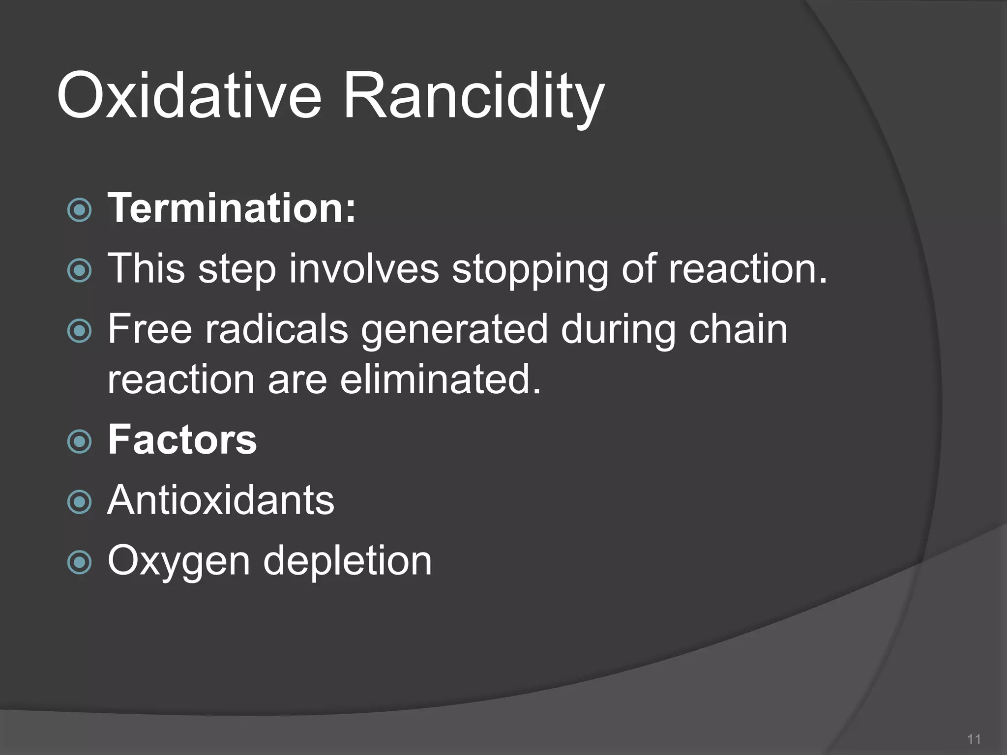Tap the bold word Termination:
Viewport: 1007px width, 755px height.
click(231, 208)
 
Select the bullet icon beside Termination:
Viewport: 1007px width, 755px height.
click(79, 210)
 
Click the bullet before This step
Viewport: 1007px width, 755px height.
click(79, 270)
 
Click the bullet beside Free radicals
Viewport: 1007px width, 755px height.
click(79, 331)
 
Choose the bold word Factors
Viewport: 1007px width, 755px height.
click(182, 439)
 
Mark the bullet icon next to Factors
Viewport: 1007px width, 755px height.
click(79, 441)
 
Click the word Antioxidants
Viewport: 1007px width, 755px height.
click(221, 500)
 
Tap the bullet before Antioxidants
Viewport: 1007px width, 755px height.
click(79, 502)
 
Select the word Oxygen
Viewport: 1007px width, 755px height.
click(178, 561)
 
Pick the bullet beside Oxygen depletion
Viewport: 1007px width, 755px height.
click(79, 562)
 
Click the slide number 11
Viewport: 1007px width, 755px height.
click(974, 739)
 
